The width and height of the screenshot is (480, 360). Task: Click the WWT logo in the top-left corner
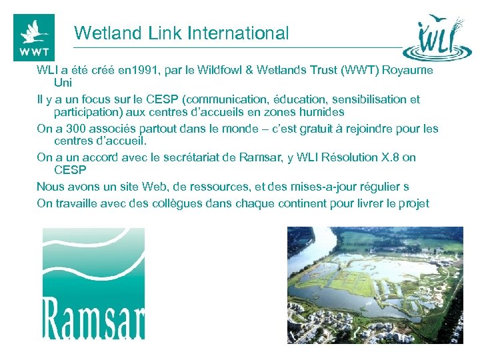coord(34,37)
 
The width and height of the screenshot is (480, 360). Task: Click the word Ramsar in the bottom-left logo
coord(93,316)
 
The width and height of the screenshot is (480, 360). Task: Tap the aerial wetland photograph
coord(375,285)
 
